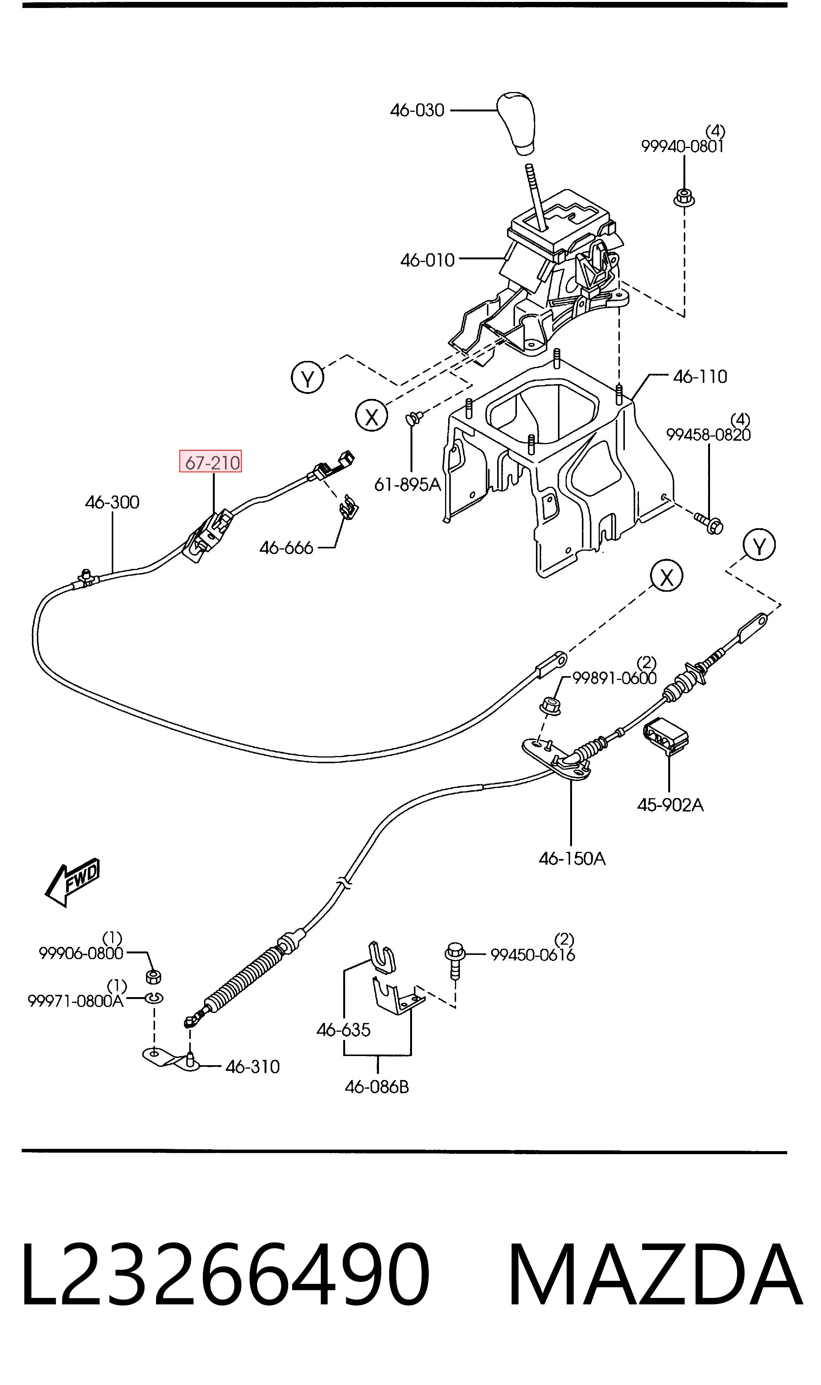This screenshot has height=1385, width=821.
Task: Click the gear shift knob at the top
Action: click(x=517, y=123)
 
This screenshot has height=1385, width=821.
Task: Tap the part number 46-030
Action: click(x=417, y=111)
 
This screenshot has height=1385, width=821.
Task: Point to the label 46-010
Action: click(x=427, y=260)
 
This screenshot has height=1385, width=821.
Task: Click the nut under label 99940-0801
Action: click(x=684, y=197)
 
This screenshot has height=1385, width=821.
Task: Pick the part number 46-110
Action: click(x=700, y=377)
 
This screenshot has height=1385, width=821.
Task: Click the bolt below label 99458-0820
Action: click(x=709, y=523)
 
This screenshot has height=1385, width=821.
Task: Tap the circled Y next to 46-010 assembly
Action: click(x=307, y=378)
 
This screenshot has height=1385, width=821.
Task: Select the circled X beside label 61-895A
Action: click(x=372, y=416)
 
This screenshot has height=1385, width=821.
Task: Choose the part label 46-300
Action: click(x=112, y=502)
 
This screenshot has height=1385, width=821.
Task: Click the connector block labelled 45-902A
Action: click(x=666, y=735)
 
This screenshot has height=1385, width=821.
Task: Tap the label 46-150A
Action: click(x=572, y=859)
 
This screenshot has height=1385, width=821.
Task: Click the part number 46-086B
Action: click(x=377, y=1087)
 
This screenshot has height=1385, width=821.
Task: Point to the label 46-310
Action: click(x=252, y=1066)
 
